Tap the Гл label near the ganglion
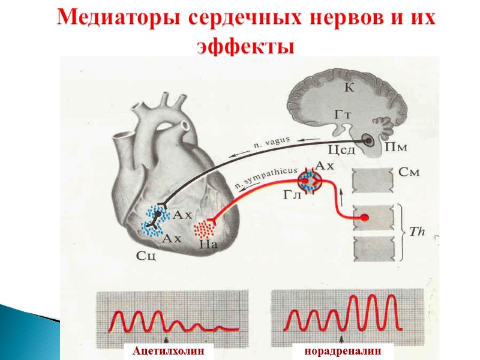[291, 194]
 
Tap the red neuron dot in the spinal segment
[364, 217]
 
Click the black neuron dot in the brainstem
[367, 142]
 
